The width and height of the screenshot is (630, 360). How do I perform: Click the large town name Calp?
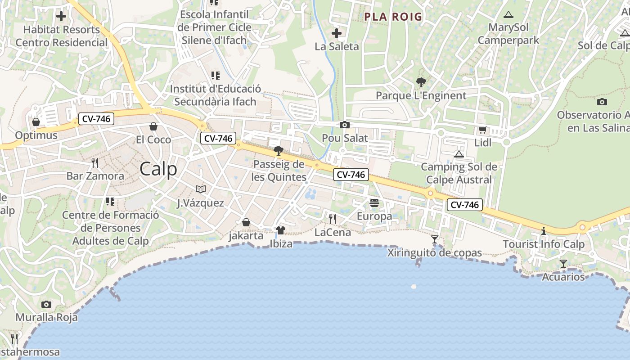click(158, 169)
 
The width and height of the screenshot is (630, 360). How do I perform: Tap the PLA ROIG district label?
click(393, 17)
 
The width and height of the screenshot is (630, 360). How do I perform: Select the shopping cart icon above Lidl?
click(482, 130)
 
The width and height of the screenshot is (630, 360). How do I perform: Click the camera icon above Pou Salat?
click(345, 125)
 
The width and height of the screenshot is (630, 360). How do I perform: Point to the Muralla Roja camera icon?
click(46, 304)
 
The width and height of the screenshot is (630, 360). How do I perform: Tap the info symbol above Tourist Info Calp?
click(544, 231)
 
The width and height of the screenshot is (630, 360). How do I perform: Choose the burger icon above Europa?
click(374, 203)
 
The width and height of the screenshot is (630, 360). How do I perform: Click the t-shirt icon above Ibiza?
click(281, 231)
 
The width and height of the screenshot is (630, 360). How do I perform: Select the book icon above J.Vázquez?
click(201, 189)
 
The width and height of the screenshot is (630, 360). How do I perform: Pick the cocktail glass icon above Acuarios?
click(563, 263)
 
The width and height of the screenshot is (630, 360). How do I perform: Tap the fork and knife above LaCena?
click(333, 219)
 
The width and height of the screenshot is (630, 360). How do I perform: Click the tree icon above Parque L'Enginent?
click(421, 82)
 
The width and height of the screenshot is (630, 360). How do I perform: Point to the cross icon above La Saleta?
click(337, 33)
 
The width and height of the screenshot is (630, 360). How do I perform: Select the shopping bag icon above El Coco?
click(153, 126)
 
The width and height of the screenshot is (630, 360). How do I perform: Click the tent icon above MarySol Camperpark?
click(508, 14)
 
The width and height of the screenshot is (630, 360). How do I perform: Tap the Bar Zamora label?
click(95, 175)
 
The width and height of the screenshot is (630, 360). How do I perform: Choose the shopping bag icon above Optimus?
click(36, 122)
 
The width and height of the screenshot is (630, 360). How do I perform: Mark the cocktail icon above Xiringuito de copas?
click(435, 239)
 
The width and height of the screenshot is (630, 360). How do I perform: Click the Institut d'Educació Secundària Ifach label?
click(215, 95)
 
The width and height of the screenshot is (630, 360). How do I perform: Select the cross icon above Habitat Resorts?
click(61, 17)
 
